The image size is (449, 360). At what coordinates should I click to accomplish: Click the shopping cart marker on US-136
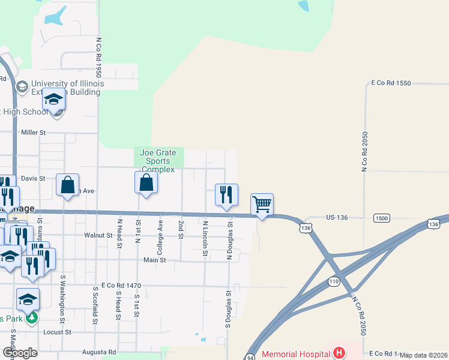coord(262,205)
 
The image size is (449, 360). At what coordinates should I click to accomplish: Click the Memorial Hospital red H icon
coord(339,352)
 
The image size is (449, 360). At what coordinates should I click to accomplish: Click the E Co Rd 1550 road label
coord(391,83)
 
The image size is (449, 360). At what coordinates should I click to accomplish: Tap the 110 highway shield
coord(334,281)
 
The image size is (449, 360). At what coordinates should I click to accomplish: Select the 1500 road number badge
coord(381,217)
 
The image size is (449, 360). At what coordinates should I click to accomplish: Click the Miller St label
coord(33,132)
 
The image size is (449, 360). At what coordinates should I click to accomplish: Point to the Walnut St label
coord(98,236)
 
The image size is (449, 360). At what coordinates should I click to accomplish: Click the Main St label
coord(154,260)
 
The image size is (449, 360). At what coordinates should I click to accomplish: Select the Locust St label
coord(57,331)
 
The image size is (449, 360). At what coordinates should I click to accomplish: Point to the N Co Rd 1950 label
coord(98,59)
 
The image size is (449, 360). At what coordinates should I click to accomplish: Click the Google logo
coord(19,352)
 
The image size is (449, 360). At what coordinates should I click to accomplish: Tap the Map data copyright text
coord(423,355)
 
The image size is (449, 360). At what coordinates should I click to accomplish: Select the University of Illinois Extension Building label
coord(67,88)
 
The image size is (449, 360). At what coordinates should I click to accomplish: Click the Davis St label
coord(33,178)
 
